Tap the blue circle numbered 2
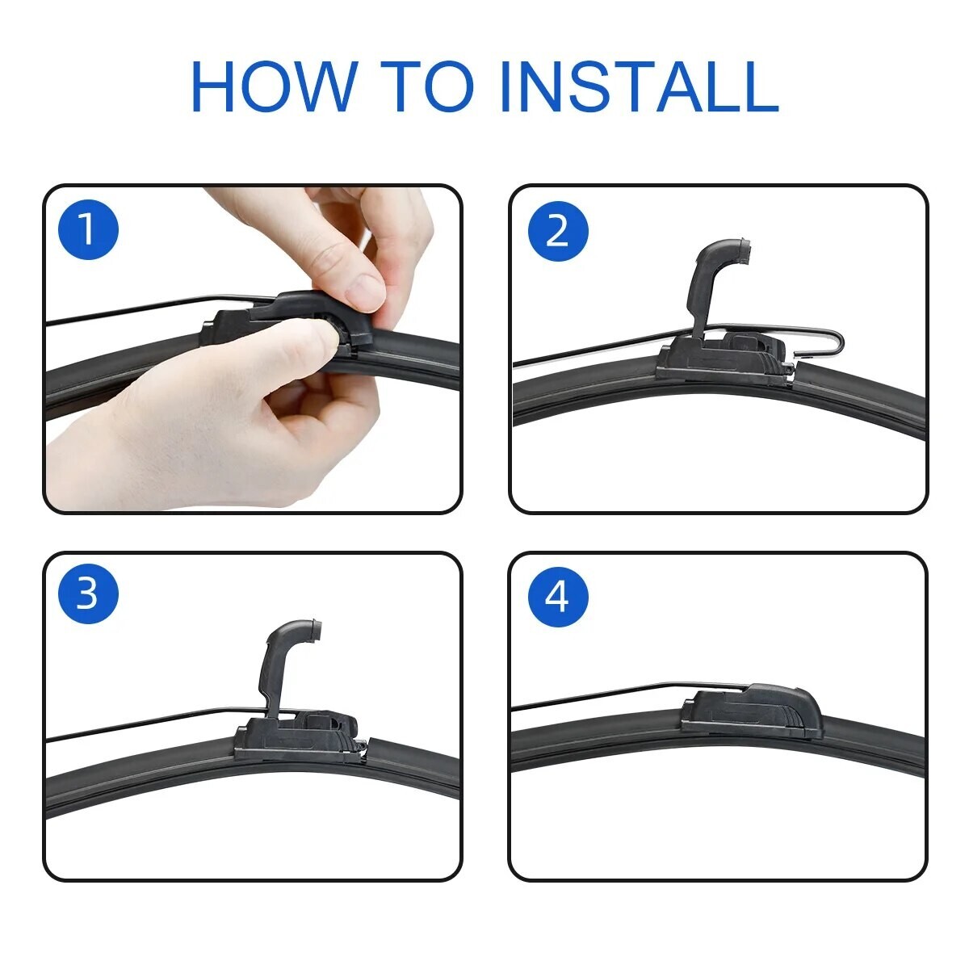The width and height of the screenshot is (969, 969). point(558,232)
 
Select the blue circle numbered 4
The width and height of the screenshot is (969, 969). point(558,597)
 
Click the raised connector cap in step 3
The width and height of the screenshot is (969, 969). point(287,654)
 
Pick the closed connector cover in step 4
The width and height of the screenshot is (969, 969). point(755,707)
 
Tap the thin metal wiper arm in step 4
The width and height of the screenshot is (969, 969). point(598,697)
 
